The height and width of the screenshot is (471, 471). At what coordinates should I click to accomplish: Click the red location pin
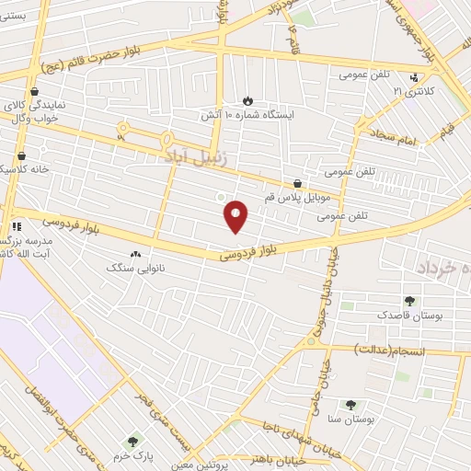237,214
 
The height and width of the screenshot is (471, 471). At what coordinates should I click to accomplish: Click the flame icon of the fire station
247,100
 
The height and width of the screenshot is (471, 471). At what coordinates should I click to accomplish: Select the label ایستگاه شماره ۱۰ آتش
247,116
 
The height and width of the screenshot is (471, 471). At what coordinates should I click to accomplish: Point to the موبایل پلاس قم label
298,198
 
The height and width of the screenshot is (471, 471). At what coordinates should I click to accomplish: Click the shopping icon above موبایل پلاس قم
297,183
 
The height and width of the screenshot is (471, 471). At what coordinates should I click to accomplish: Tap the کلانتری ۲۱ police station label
412,93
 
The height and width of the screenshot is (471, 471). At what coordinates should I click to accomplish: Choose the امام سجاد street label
396,135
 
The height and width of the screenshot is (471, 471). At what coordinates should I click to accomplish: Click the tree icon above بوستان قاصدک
409,301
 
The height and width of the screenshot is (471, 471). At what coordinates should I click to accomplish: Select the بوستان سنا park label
350,419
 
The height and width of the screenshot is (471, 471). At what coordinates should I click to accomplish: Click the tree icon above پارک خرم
135,443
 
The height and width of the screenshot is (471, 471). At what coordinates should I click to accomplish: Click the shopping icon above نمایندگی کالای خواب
35,92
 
